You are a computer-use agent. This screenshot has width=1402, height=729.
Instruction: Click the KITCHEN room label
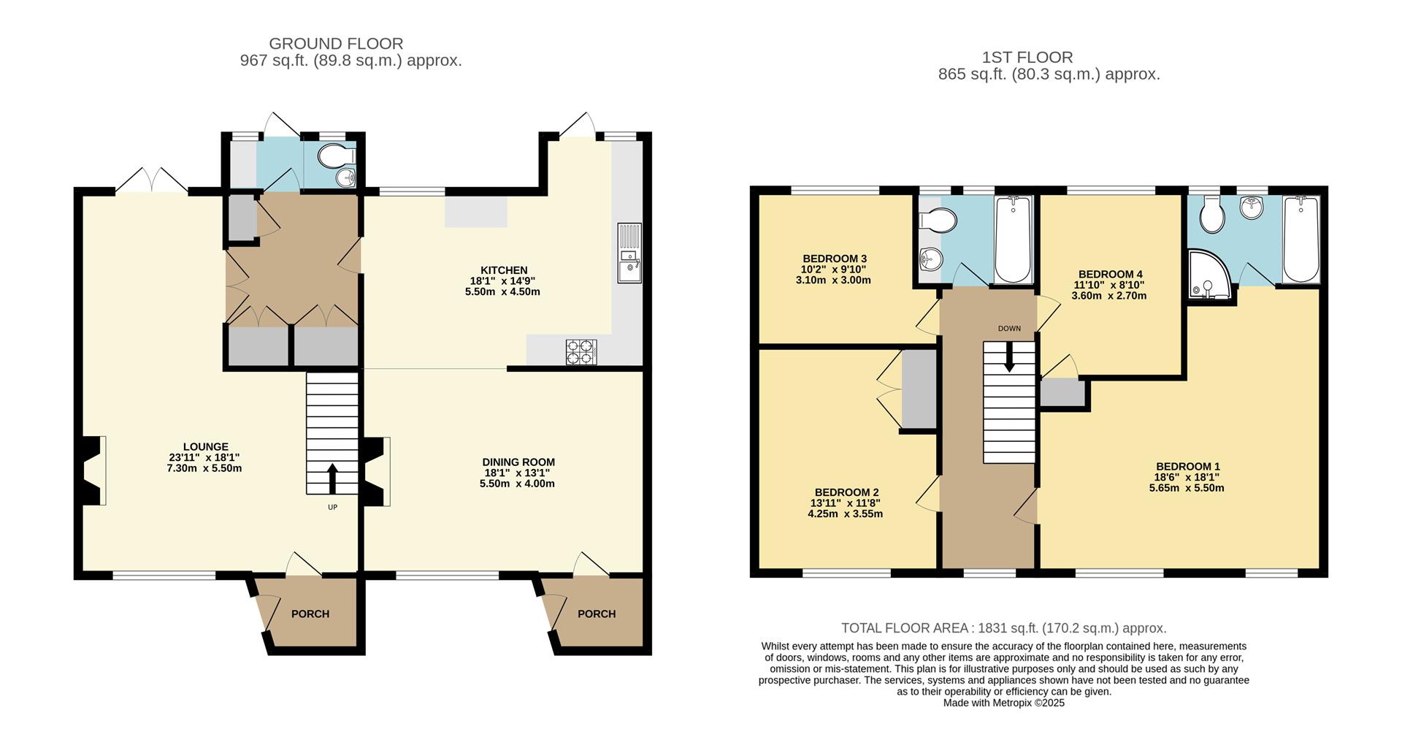(x=504, y=270)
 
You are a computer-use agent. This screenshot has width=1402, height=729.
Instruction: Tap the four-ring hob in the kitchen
(x=581, y=352)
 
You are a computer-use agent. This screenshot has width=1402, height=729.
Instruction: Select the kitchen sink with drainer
(x=629, y=253)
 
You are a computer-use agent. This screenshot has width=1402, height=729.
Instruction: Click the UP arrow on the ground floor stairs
(x=332, y=478)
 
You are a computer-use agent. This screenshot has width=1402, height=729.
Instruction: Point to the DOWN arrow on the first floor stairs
(x=1009, y=359)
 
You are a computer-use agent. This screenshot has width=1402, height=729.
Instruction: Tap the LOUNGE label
(x=205, y=446)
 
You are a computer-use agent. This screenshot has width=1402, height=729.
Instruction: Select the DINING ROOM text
(x=518, y=462)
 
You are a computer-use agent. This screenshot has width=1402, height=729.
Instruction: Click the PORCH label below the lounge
(x=310, y=614)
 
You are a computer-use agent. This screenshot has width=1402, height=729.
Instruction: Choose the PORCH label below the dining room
(x=597, y=614)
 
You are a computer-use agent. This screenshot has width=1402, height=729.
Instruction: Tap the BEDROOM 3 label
(x=835, y=259)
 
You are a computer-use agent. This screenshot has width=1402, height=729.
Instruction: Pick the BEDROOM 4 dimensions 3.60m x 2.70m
(x=1108, y=296)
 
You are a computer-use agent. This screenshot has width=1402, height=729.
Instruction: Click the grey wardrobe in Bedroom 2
(x=919, y=389)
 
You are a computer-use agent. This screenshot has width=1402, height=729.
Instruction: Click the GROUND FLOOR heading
(x=336, y=44)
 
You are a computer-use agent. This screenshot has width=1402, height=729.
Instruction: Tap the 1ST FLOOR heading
(x=1027, y=57)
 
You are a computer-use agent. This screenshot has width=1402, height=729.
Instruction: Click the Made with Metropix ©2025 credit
(x=1003, y=703)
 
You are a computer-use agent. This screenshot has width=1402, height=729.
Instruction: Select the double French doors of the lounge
(x=152, y=180)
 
